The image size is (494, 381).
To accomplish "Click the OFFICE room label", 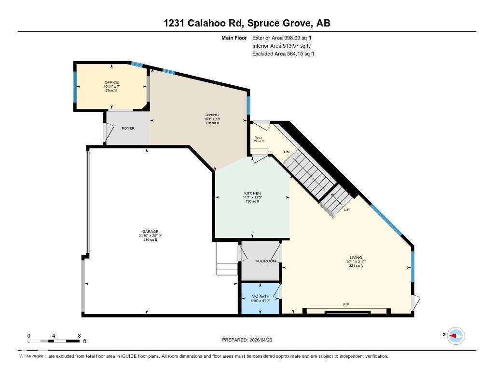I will coord(111,82).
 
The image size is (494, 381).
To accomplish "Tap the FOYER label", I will coord(128,129).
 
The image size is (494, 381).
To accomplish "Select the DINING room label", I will coord(212,115).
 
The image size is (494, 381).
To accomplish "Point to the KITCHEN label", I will coord(252,193).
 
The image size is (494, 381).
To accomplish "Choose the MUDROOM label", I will coord(265,261).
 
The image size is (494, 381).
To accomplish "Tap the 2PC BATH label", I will coord(261,297).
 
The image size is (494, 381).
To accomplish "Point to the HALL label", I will coord(259,137).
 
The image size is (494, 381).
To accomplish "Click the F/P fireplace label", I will coord(346,305).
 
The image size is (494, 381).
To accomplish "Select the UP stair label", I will coord(346,210).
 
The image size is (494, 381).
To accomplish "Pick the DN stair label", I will coord(286,152).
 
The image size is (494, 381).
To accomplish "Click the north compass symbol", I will coord(455,335).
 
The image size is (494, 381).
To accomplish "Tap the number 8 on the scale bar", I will coord(79,335).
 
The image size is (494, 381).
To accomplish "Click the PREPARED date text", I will coord(250,340).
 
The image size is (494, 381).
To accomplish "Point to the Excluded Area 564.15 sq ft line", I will coord(283,54).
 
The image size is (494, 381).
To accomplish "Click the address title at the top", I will coord(247,23).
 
